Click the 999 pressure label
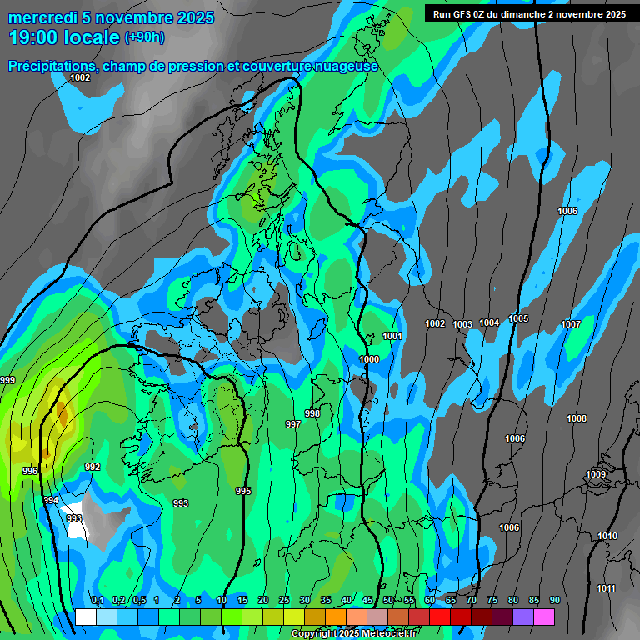click(7, 380)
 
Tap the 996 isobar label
click(30, 471)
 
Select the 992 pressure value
click(92, 467)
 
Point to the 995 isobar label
click(243, 491)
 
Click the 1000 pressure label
click(369, 359)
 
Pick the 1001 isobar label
click(392, 336)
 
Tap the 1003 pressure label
click(462, 324)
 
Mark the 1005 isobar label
click(518, 318)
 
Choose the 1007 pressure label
click(571, 324)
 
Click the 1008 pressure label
click(577, 418)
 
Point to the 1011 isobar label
click(606, 589)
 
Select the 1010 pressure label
click(607, 536)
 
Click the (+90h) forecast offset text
click(144, 37)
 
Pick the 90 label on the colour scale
click(554, 600)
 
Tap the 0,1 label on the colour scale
click(97, 600)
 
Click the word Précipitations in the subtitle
click(52, 66)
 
